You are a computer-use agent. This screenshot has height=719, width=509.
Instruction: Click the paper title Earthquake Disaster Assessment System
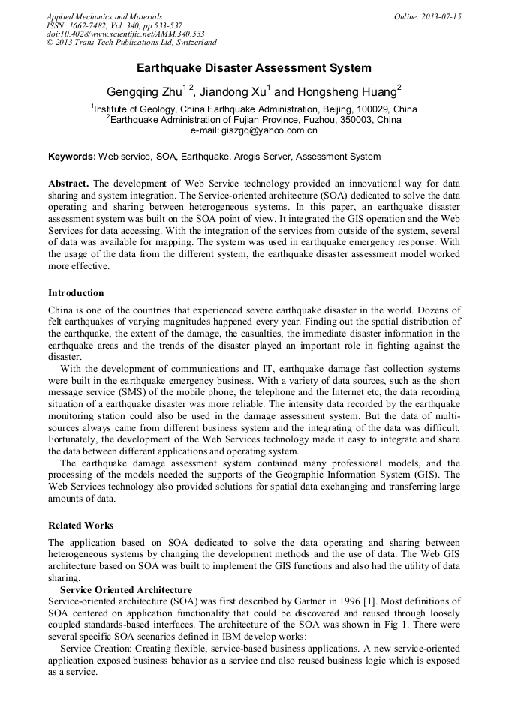254,68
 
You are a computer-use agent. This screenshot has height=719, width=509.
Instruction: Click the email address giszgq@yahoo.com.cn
254,130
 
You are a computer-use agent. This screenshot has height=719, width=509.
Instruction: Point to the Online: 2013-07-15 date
427,16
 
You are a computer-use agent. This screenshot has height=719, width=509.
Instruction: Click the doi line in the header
125,34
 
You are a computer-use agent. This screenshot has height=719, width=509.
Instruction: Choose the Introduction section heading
76,292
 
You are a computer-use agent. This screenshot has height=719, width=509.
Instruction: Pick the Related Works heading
80,525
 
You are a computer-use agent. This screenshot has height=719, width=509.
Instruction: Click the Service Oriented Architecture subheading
125,590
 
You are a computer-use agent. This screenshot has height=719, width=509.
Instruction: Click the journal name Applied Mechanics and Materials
104,16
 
